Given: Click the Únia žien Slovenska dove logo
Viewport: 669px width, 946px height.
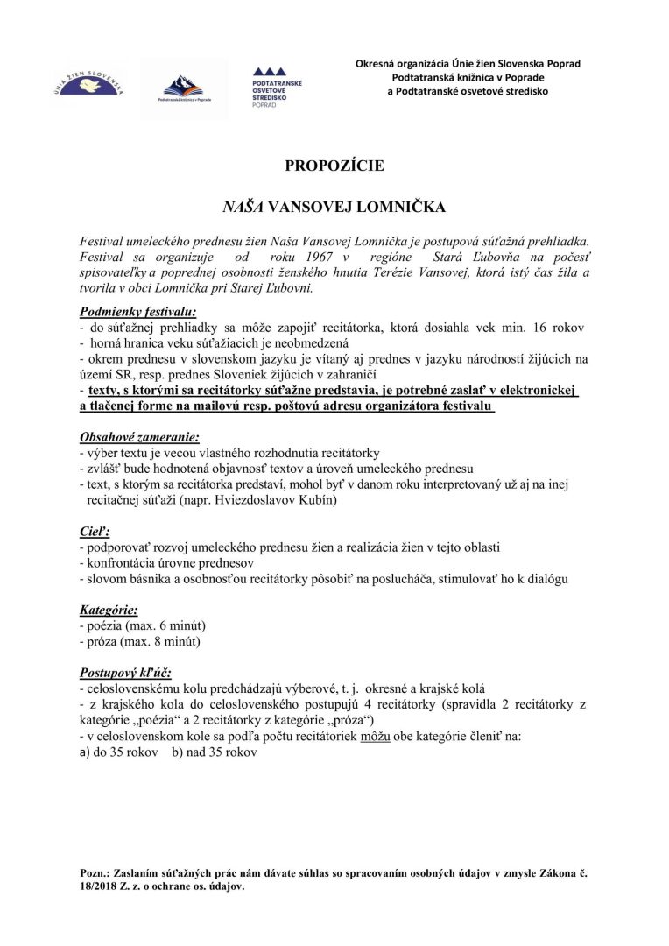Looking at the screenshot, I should (92, 85).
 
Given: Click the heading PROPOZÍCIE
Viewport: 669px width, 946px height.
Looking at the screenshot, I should (334, 165).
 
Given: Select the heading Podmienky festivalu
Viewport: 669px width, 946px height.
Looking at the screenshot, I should (138, 311).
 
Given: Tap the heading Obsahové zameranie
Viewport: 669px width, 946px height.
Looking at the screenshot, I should (139, 436).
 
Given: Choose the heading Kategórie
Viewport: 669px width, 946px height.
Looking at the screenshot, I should (109, 610).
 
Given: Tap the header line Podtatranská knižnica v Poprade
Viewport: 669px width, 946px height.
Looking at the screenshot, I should (468, 77).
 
